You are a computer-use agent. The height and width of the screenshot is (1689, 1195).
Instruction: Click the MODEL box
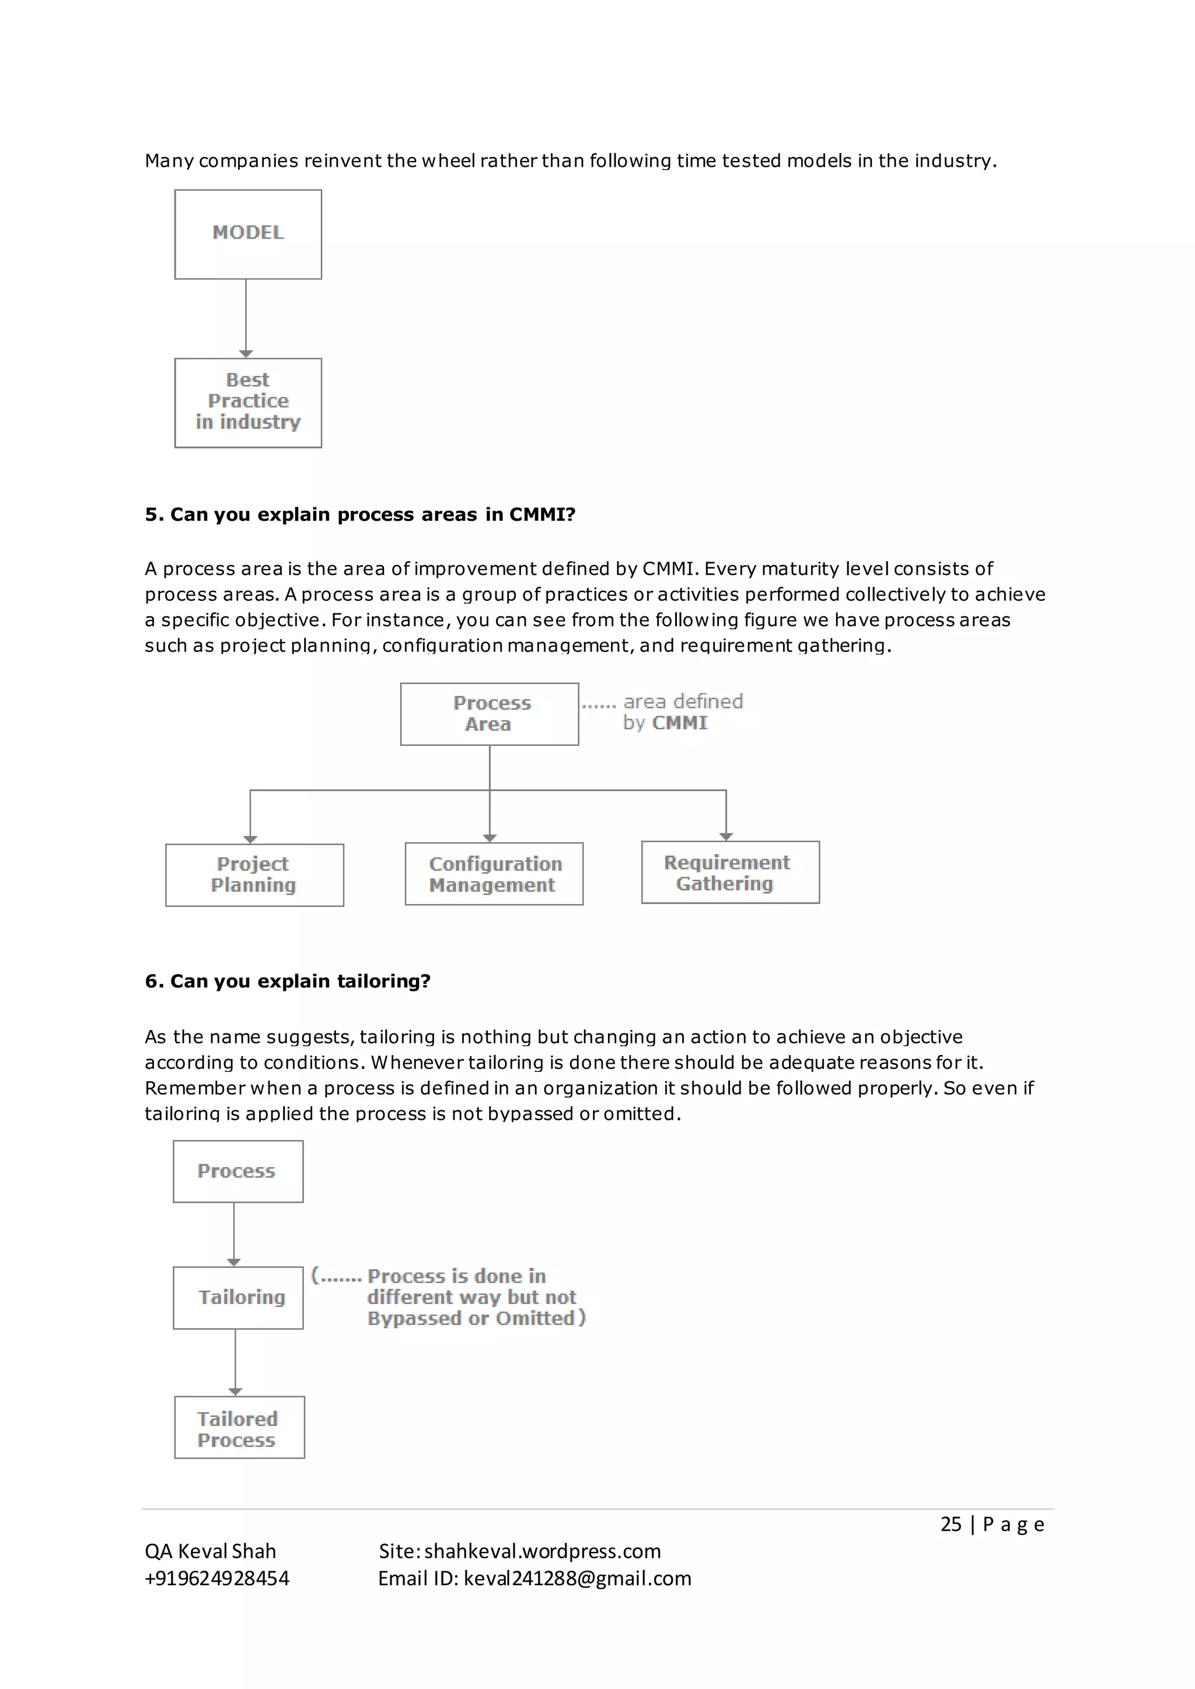click(248, 234)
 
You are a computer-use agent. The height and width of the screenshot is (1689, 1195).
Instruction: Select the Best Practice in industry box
click(248, 402)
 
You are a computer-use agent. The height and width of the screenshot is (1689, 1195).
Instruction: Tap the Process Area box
click(490, 713)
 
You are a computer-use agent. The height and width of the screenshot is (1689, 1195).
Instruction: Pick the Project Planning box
click(254, 875)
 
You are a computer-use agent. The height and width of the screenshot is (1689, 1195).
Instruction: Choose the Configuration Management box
click(494, 874)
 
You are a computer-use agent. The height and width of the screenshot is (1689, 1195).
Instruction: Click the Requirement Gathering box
click(730, 872)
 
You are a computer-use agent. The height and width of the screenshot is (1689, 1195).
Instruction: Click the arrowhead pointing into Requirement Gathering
click(726, 836)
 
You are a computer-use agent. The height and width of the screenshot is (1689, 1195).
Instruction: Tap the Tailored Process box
click(239, 1428)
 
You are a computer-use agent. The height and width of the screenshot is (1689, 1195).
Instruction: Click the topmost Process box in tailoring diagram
click(237, 1171)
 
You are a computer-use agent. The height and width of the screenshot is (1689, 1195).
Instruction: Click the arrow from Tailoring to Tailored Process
click(236, 1362)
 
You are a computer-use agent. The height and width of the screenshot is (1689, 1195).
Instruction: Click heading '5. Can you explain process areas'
click(360, 514)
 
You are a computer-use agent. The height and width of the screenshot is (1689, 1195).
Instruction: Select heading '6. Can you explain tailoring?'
click(287, 982)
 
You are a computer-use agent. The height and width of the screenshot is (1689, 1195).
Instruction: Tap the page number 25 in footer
click(951, 1524)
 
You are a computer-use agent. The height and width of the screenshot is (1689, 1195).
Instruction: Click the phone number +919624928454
click(217, 1579)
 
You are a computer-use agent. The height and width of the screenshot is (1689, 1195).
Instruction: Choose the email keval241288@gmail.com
click(577, 1579)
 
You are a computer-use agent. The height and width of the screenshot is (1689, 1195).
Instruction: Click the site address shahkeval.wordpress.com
click(542, 1551)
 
